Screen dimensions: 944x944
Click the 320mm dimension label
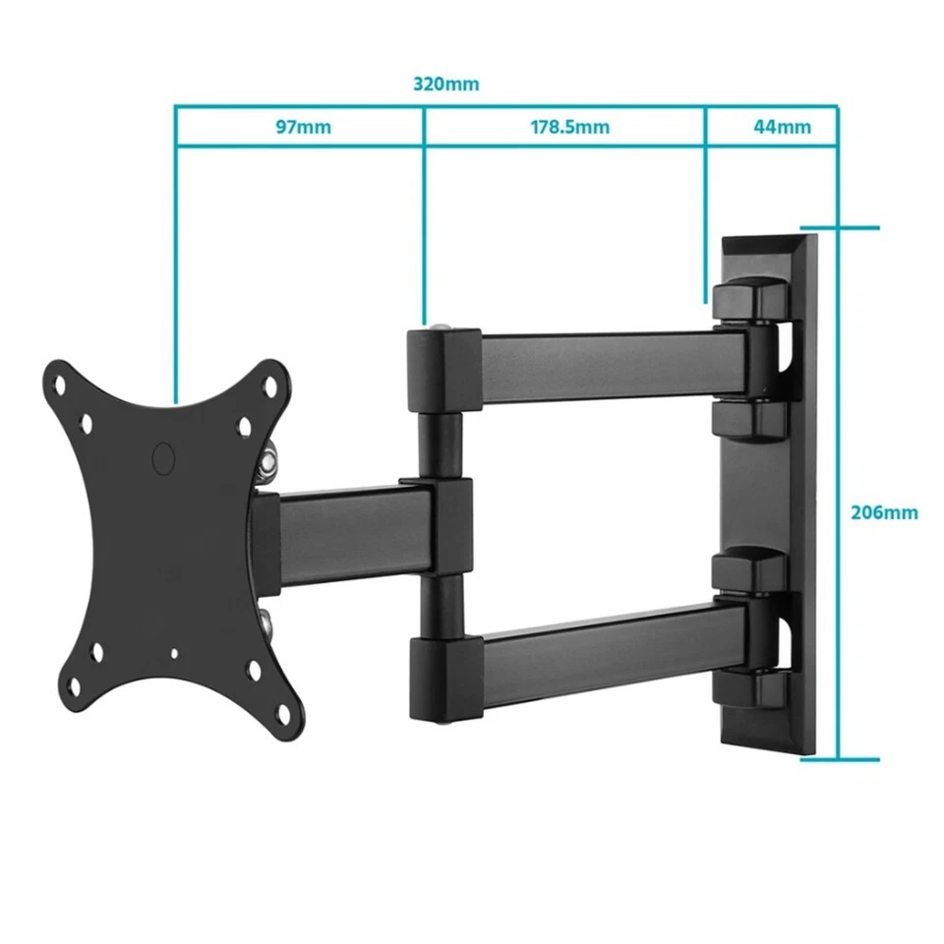tap(446, 84)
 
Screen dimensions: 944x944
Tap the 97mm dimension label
tap(303, 127)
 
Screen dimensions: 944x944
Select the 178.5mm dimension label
tap(569, 127)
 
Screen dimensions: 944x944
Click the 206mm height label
tap(884, 512)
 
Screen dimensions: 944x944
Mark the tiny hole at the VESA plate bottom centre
tap(175, 651)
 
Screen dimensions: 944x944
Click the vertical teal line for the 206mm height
tap(838, 492)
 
